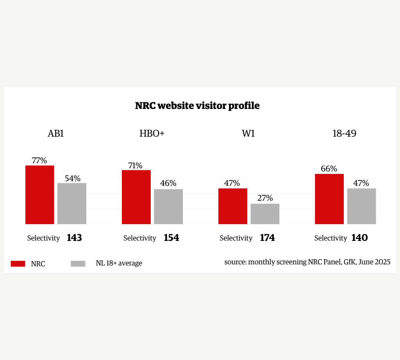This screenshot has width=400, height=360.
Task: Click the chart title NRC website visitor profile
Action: pos(197,105)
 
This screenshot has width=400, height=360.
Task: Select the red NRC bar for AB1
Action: pos(40,195)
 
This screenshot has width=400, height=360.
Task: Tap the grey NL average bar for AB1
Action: pos(72,203)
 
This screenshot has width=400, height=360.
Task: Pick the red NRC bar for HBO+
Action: pos(136,197)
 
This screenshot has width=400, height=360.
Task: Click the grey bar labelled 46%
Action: pos(168,207)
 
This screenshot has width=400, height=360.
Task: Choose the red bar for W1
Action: pos(233,206)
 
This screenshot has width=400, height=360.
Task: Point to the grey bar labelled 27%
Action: pos(265,214)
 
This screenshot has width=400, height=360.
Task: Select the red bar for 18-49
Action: pos(329,199)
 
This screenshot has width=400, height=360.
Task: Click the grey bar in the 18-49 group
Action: pos(361,206)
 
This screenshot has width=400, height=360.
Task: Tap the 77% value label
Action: pos(39,160)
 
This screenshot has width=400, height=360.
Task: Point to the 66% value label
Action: pos(329,169)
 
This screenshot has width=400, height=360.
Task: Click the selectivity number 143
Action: pos(74,237)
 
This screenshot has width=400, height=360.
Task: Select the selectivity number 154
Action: pos(171,237)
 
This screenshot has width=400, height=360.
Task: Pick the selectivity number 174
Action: pos(267,237)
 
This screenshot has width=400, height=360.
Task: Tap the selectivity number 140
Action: pos(360,237)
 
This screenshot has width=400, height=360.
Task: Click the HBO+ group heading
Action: pos(152,134)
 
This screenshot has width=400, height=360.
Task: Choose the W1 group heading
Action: pos(248,134)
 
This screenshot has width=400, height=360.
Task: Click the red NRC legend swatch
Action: pos(18,264)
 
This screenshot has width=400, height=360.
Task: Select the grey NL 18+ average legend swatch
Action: pos(78,264)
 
